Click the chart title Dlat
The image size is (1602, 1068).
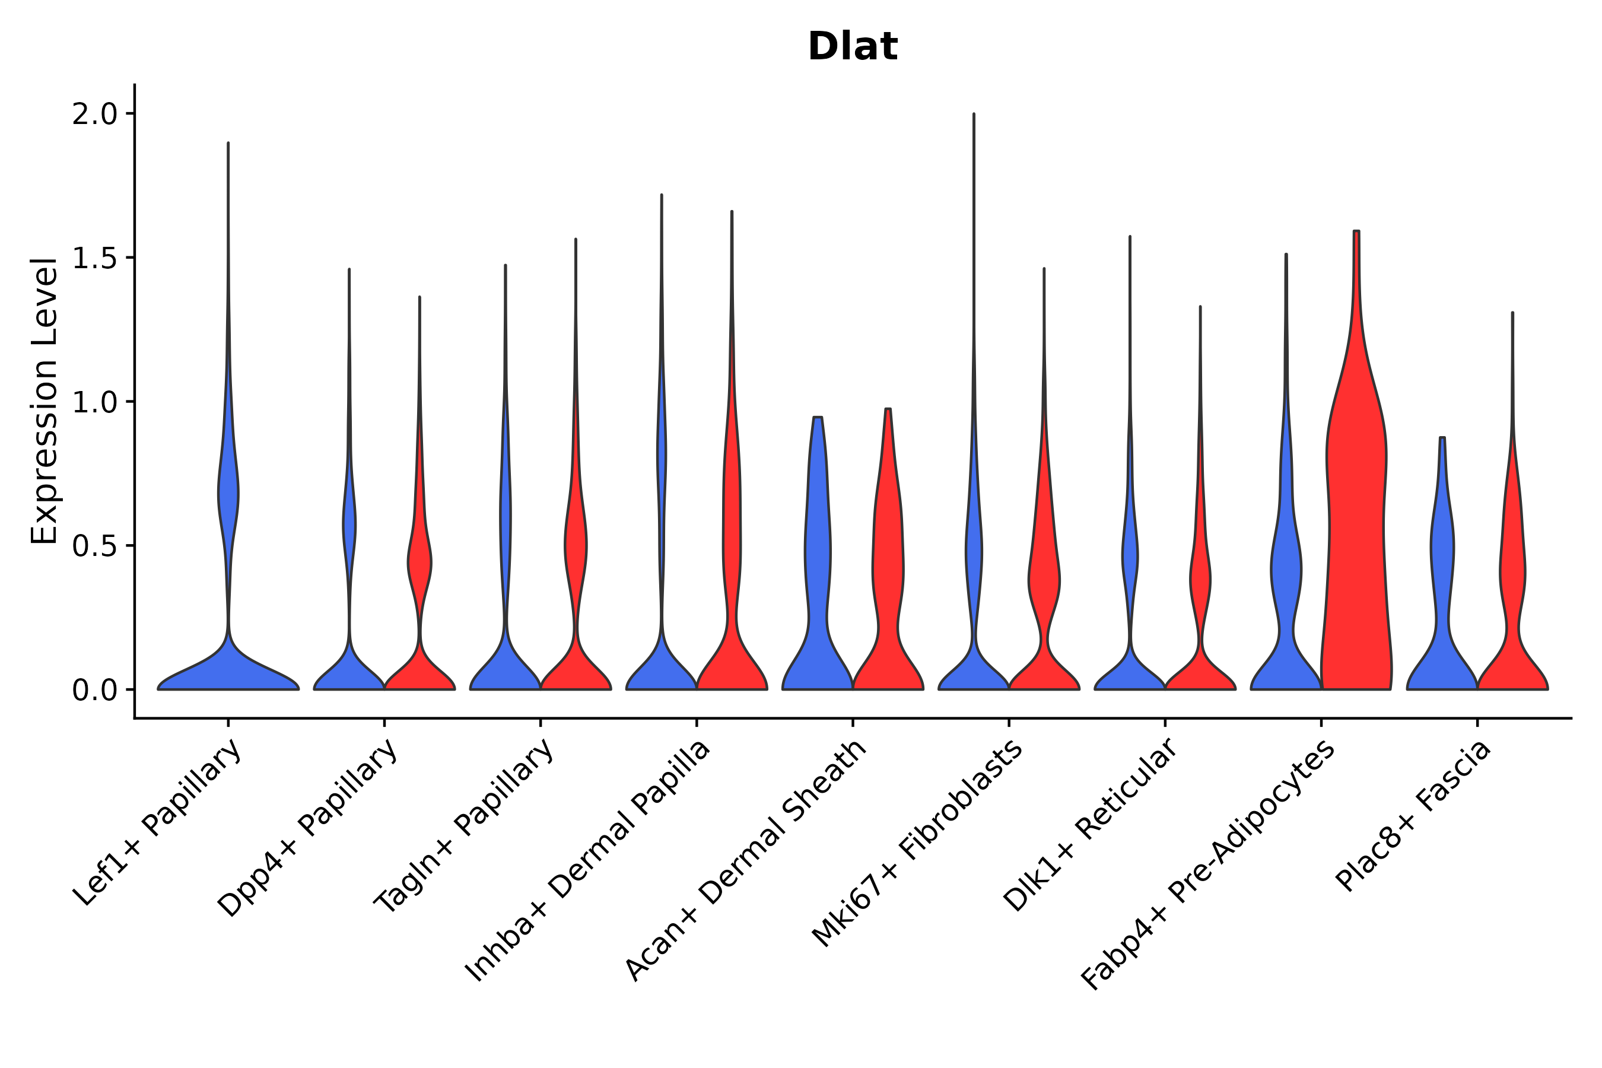pos(852,47)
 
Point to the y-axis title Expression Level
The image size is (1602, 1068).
pos(44,401)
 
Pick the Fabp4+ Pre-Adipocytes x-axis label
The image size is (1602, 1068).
pos(1207,865)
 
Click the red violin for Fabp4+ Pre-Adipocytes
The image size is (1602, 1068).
pos(1355,545)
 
